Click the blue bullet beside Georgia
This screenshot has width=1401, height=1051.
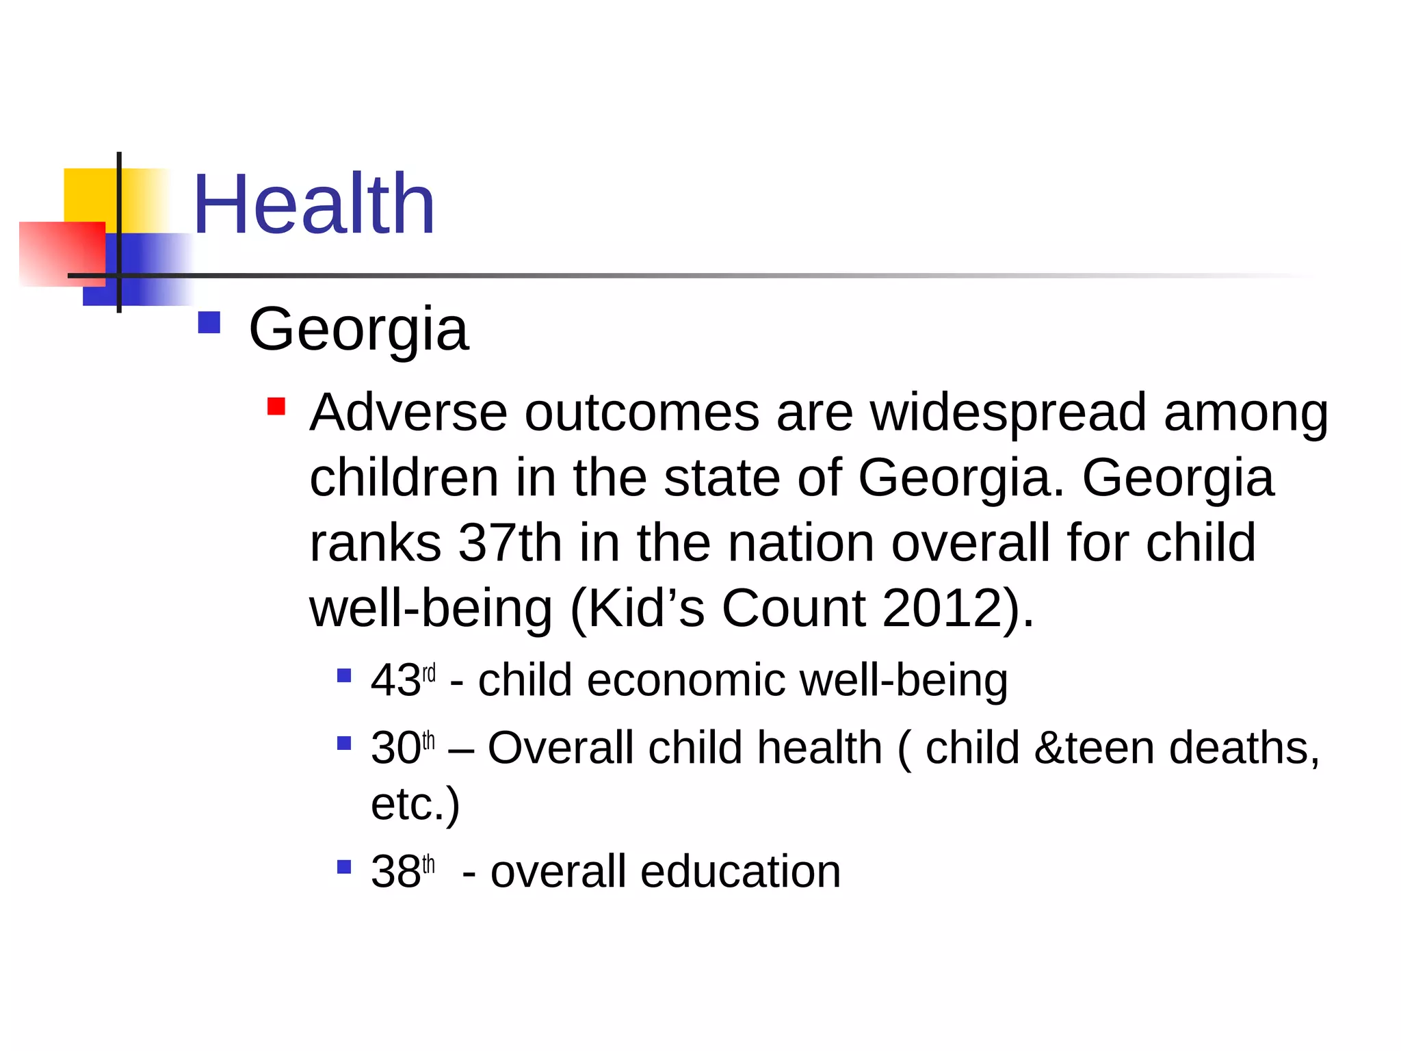(x=209, y=323)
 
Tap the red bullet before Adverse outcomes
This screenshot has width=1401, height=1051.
(x=276, y=406)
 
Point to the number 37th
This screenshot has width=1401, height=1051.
(x=510, y=543)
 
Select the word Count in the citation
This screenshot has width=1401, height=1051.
(x=794, y=608)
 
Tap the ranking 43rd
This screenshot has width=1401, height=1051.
(x=403, y=680)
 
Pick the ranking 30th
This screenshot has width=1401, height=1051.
(x=403, y=747)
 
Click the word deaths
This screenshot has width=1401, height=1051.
(x=1244, y=747)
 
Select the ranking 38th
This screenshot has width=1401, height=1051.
(x=403, y=872)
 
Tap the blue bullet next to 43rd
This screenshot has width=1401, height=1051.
(x=344, y=676)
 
